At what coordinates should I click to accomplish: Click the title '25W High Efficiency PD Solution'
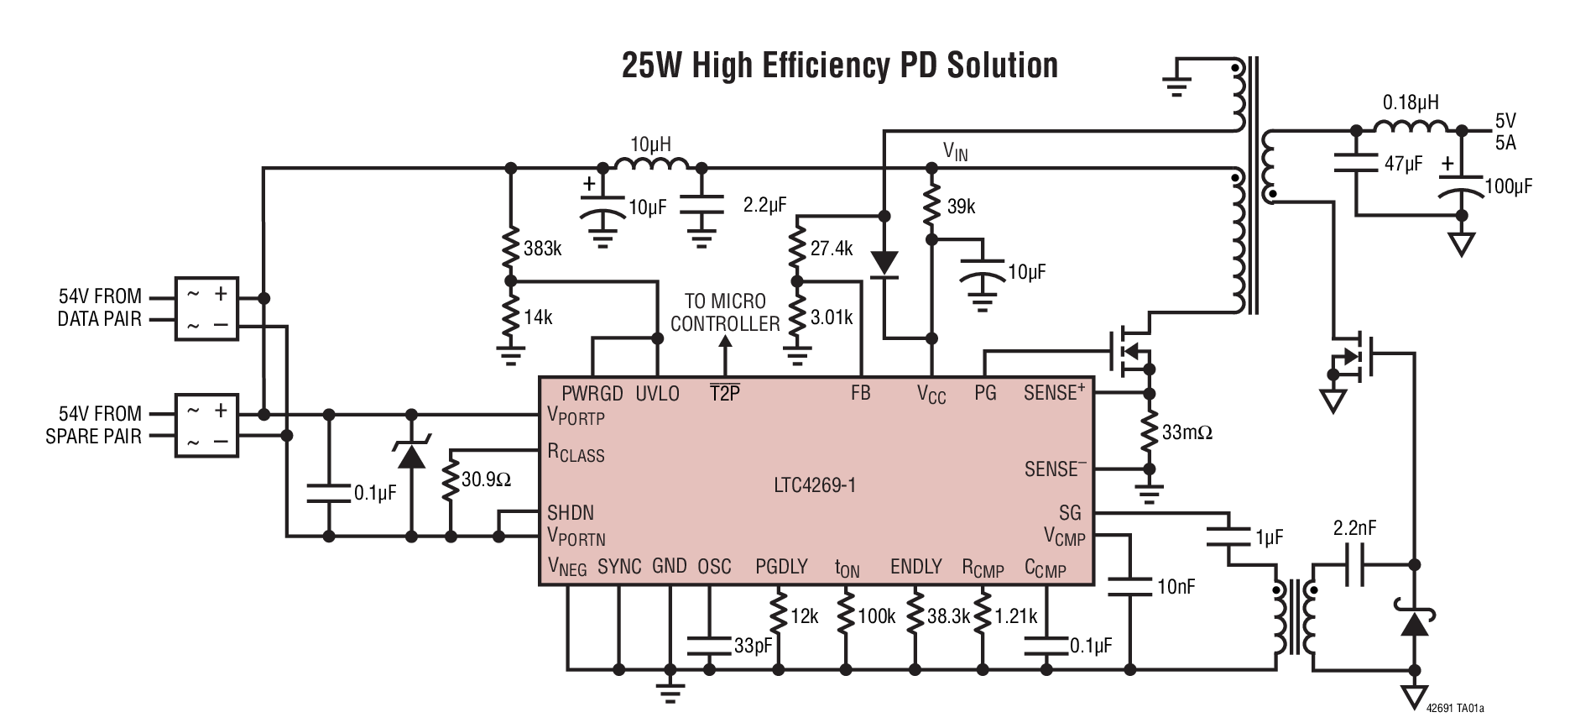(839, 65)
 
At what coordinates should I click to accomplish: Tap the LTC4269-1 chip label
(815, 485)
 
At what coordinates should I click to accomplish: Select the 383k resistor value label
(542, 249)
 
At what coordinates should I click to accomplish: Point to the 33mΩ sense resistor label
(1187, 432)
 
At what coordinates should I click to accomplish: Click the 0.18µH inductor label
(1410, 102)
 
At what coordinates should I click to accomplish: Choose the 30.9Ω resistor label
(486, 480)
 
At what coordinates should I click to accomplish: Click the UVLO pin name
(657, 394)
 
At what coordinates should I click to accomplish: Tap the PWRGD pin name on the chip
(592, 394)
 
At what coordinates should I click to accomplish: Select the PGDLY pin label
(780, 567)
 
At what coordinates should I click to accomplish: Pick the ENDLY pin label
(915, 567)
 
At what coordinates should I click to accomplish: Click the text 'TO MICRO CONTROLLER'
(725, 312)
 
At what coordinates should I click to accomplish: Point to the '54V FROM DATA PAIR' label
(99, 307)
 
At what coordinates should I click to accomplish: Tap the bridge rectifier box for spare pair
(206, 425)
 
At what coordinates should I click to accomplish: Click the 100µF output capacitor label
(1508, 186)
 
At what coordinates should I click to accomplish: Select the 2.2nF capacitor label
(1354, 528)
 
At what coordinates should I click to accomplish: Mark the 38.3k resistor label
(948, 616)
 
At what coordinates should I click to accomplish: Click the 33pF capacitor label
(753, 646)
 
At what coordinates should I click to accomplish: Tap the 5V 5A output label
(1505, 132)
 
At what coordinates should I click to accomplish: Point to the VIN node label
(955, 152)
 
